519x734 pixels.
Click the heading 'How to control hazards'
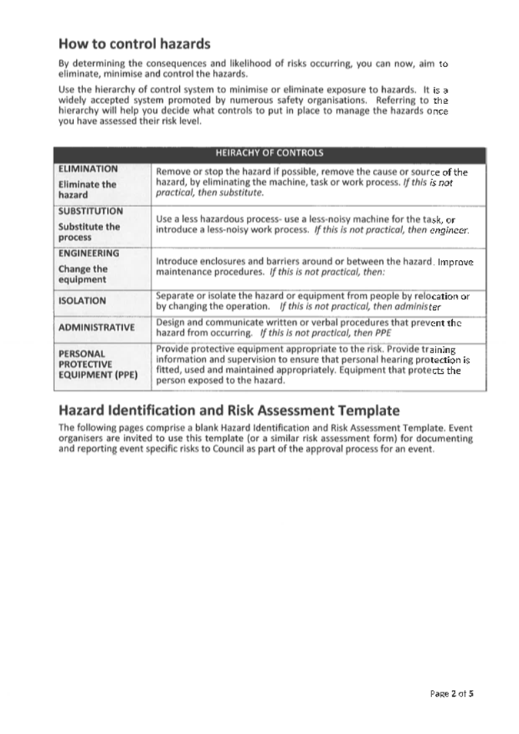point(134,43)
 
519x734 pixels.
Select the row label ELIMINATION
point(88,168)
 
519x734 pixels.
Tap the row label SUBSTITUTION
point(90,210)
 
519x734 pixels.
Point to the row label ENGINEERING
point(88,252)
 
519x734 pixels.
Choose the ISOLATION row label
point(82,301)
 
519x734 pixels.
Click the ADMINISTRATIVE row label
point(96,327)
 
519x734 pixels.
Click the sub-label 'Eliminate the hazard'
point(88,189)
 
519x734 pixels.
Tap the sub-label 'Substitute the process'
point(89,232)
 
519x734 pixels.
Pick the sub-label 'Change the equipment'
point(83,274)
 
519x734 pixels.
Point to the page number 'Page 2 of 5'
point(451,693)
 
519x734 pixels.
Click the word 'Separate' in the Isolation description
point(175,295)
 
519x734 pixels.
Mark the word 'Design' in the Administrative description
point(170,322)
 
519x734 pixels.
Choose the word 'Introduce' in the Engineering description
point(177,262)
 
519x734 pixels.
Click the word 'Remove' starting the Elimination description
point(172,172)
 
